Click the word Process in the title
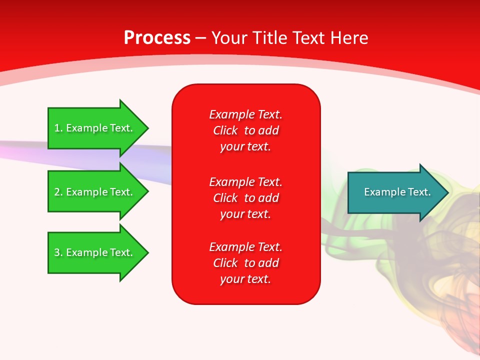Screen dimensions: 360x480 click(157, 38)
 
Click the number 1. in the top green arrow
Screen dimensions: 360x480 click(58, 128)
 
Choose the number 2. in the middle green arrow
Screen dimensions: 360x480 click(58, 192)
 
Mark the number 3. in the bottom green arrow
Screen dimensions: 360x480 click(58, 252)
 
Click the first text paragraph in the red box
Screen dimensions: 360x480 click(245, 130)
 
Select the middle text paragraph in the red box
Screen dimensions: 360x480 click(245, 198)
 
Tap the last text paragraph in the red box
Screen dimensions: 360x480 click(245, 263)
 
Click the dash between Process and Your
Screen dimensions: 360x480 click(201, 38)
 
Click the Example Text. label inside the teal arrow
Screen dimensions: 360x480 click(397, 192)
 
